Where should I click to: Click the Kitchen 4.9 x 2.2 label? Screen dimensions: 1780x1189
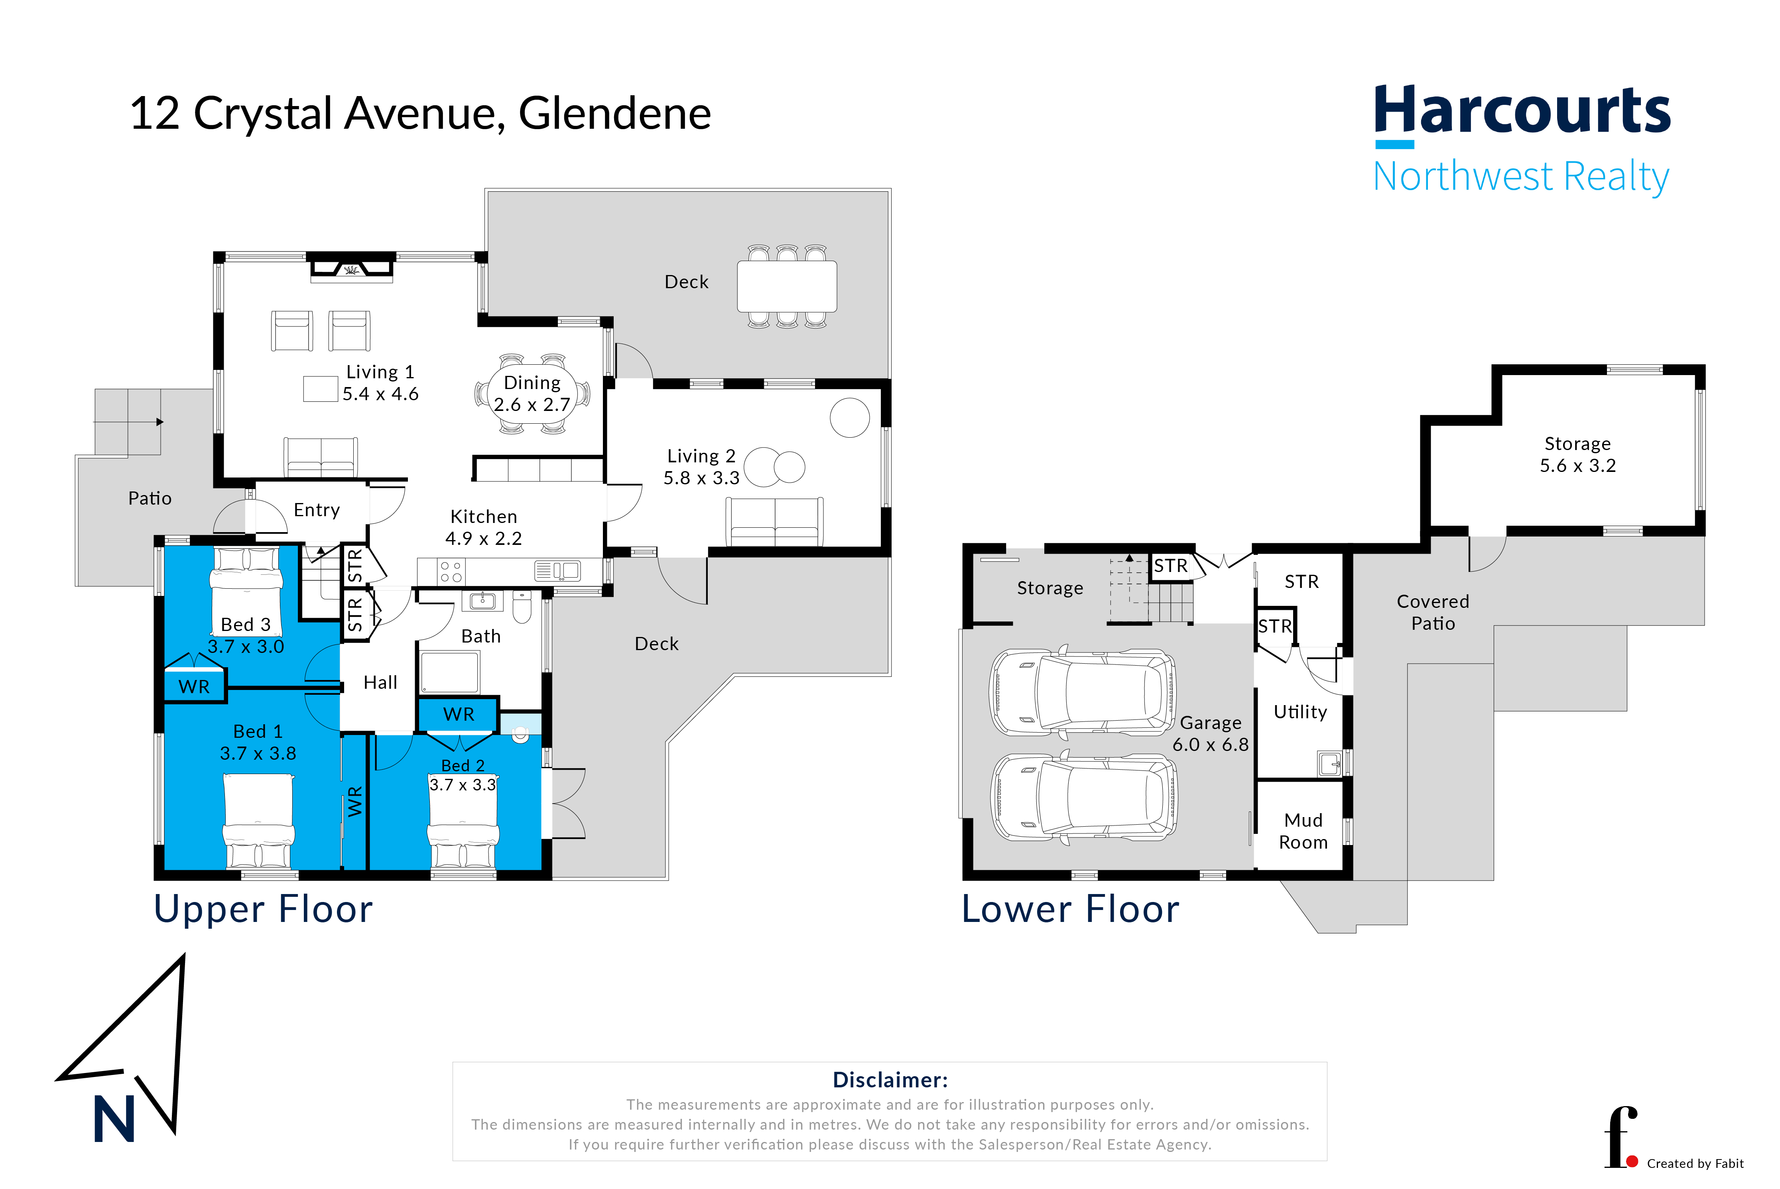483,527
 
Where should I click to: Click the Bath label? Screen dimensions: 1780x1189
481,636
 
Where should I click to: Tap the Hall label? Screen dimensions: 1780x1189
380,682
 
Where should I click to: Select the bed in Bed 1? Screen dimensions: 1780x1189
259,820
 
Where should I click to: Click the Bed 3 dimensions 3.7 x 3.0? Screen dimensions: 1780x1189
246,647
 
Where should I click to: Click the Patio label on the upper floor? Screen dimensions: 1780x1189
150,498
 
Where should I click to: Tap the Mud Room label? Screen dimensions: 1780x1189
1303,831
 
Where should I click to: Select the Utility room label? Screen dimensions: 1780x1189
1300,712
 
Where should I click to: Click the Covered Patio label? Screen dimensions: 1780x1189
1433,612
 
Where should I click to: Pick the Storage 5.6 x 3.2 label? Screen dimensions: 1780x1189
1577,454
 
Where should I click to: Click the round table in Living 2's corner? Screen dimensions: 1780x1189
849,418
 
